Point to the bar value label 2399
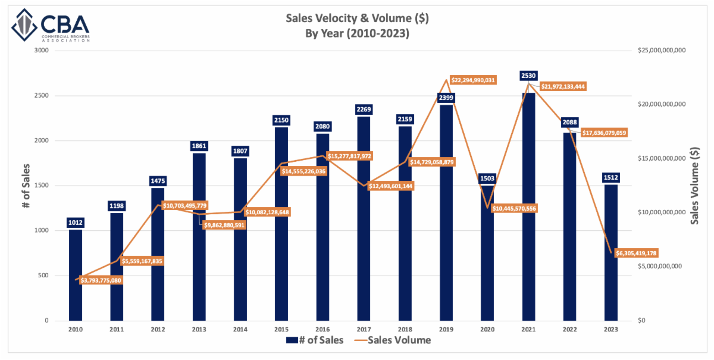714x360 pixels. (x=446, y=97)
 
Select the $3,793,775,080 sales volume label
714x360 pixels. (x=99, y=280)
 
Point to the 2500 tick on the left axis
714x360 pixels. (x=41, y=96)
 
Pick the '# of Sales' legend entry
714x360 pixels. (x=315, y=340)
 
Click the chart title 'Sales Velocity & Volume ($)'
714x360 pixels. (x=357, y=18)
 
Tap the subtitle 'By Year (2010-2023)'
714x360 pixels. (x=357, y=33)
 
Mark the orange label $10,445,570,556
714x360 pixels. (x=514, y=208)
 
